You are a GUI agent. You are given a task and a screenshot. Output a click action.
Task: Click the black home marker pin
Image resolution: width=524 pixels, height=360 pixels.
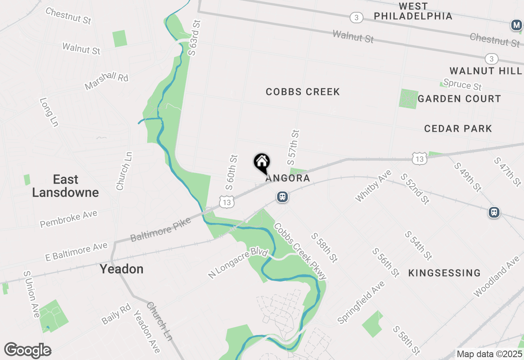pos(262,162)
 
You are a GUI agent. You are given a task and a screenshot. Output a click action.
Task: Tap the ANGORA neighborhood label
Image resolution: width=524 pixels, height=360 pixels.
pos(287,178)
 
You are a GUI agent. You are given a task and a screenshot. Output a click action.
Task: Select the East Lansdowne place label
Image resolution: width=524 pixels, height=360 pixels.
pos(65,186)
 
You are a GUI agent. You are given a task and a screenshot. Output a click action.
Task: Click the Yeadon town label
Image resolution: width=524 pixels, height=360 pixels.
pos(122,269)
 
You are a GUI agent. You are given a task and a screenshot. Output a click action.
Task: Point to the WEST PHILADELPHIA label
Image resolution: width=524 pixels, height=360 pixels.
pos(413,11)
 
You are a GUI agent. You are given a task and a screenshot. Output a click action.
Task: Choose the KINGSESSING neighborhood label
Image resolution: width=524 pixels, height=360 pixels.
pos(445,273)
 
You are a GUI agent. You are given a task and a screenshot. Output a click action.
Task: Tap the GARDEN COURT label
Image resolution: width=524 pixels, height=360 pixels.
pos(459,99)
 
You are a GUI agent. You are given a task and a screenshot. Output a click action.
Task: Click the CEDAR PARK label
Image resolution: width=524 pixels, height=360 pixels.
pos(458,128)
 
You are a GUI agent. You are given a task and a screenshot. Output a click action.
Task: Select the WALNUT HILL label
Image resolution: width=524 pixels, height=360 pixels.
pos(486,71)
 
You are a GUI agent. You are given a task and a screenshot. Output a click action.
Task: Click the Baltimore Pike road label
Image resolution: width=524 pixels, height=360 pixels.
pos(160,230)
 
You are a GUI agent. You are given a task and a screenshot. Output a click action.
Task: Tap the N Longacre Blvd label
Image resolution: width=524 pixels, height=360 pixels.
pos(238,265)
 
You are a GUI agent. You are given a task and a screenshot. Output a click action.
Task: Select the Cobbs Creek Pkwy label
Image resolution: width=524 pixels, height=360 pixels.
pos(300,252)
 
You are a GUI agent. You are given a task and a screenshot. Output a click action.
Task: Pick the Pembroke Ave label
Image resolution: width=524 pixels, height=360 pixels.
pos(69,219)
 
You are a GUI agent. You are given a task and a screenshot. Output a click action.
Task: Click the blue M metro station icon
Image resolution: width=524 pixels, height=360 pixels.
pos(517,25)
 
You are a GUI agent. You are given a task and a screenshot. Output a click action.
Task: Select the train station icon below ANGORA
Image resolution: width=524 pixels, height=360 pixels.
pos(282,197)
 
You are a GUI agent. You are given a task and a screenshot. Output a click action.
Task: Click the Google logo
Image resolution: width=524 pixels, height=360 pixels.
pos(28,351)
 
